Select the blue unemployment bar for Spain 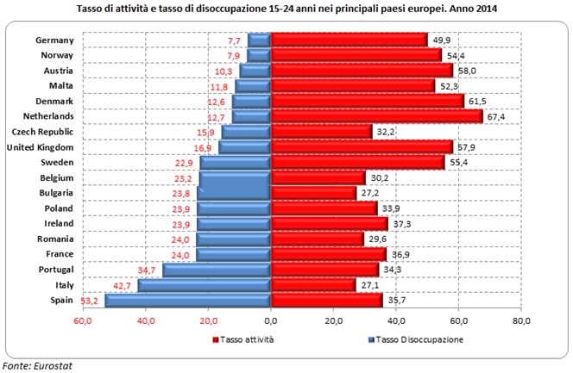coord(188,300)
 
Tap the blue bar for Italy coord(205,284)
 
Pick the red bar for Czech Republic coord(321,132)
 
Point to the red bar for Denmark coord(368,101)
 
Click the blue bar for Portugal coord(217,270)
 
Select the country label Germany coord(60,40)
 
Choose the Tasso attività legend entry coord(247,339)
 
